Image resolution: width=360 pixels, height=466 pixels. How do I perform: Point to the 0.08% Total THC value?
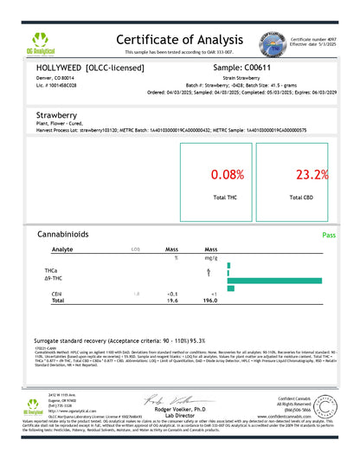click(x=226, y=175)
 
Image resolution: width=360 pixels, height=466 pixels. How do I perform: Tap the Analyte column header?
click(x=62, y=249)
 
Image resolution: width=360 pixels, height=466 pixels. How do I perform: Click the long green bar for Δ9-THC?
click(x=274, y=280)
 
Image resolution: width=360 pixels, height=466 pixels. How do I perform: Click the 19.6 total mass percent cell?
click(x=172, y=301)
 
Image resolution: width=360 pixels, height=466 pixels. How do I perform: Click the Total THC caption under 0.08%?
click(x=226, y=197)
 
